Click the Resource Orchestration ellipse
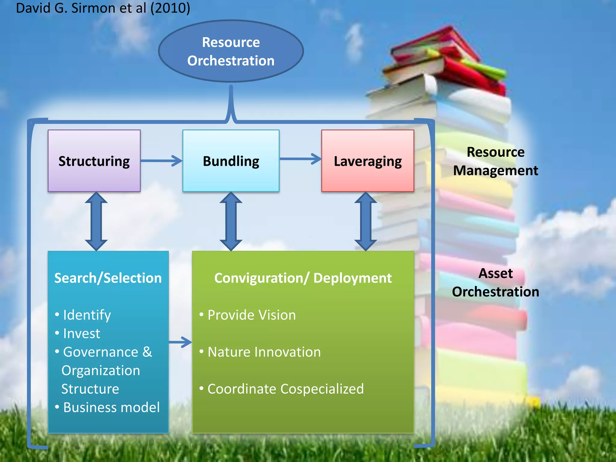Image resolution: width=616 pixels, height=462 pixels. pos(231,51)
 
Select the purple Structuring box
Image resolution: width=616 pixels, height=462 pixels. pos(94,161)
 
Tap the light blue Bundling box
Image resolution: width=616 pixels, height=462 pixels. pos(231,161)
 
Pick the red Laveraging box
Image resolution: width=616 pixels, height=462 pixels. pos(368,161)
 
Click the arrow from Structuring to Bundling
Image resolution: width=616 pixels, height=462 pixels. pos(162,161)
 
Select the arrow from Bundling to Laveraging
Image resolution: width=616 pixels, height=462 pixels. pos(300,159)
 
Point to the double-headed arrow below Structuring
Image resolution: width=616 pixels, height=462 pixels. pos(96,221)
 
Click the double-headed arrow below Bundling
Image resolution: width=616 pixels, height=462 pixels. pos(231,221)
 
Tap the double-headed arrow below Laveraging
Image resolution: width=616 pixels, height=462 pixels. pos(365,221)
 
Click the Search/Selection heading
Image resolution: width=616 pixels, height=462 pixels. pos(108,278)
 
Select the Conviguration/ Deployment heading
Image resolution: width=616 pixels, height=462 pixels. pos(303,278)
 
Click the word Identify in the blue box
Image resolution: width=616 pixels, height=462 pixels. pos(87,315)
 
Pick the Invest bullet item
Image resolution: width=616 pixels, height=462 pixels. pos(82,334)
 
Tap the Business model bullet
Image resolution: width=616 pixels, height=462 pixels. pos(111,408)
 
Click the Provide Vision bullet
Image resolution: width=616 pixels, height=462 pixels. pos(251,315)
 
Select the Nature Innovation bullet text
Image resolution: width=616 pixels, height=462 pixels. pos(264,352)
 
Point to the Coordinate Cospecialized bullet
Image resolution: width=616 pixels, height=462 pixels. pos(285,389)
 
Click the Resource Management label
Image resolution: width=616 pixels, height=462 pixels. pos(495,161)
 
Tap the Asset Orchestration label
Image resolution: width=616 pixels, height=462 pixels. pos(495,282)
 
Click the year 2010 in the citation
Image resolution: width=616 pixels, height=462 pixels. pos(170,8)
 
